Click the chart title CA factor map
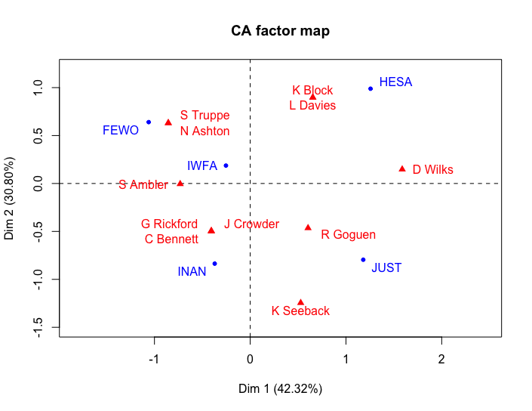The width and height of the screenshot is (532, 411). [x=280, y=32]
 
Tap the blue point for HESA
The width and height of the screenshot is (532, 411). [x=371, y=88]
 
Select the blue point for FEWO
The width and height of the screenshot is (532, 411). [x=149, y=122]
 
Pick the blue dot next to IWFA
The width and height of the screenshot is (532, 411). [x=226, y=165]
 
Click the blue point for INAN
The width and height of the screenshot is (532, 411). [x=215, y=264]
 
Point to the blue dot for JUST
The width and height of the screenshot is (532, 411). [x=363, y=260]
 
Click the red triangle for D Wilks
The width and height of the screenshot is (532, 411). [x=402, y=168]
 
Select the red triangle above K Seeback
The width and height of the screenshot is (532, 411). [x=300, y=302]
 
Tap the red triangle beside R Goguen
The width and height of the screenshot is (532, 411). [x=308, y=227]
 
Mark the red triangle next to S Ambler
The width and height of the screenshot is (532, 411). [x=180, y=184]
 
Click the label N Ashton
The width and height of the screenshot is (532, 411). [x=204, y=131]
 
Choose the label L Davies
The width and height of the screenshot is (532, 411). [x=312, y=106]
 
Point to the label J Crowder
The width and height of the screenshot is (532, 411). [x=251, y=224]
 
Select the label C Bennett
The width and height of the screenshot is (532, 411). [x=171, y=239]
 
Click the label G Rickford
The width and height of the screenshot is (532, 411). [x=169, y=224]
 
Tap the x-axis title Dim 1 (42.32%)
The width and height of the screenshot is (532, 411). [x=280, y=389]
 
